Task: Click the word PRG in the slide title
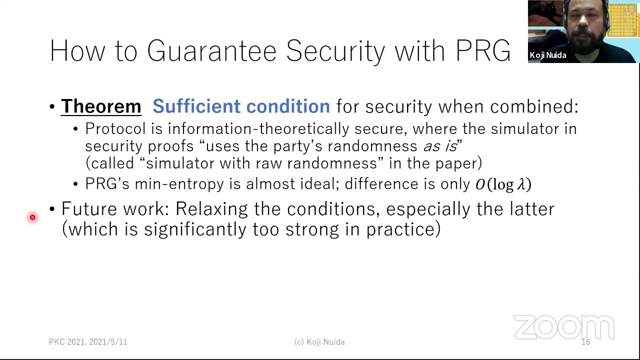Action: pyautogui.click(x=483, y=51)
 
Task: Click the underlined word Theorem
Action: pyautogui.click(x=101, y=106)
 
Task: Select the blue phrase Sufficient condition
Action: pyautogui.click(x=241, y=106)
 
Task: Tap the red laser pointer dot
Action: pyautogui.click(x=32, y=217)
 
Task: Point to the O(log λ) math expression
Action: pyautogui.click(x=503, y=184)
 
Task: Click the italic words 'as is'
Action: pyautogui.click(x=440, y=146)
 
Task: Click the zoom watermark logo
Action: pyautogui.click(x=563, y=328)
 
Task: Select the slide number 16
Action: pyautogui.click(x=585, y=342)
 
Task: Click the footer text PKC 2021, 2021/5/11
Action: pyautogui.click(x=88, y=342)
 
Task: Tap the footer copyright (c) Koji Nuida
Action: pyautogui.click(x=319, y=342)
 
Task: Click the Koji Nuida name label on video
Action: pyautogui.click(x=548, y=55)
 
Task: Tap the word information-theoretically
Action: pyautogui.click(x=286, y=129)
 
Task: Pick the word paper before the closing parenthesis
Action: pyautogui.click(x=456, y=163)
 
